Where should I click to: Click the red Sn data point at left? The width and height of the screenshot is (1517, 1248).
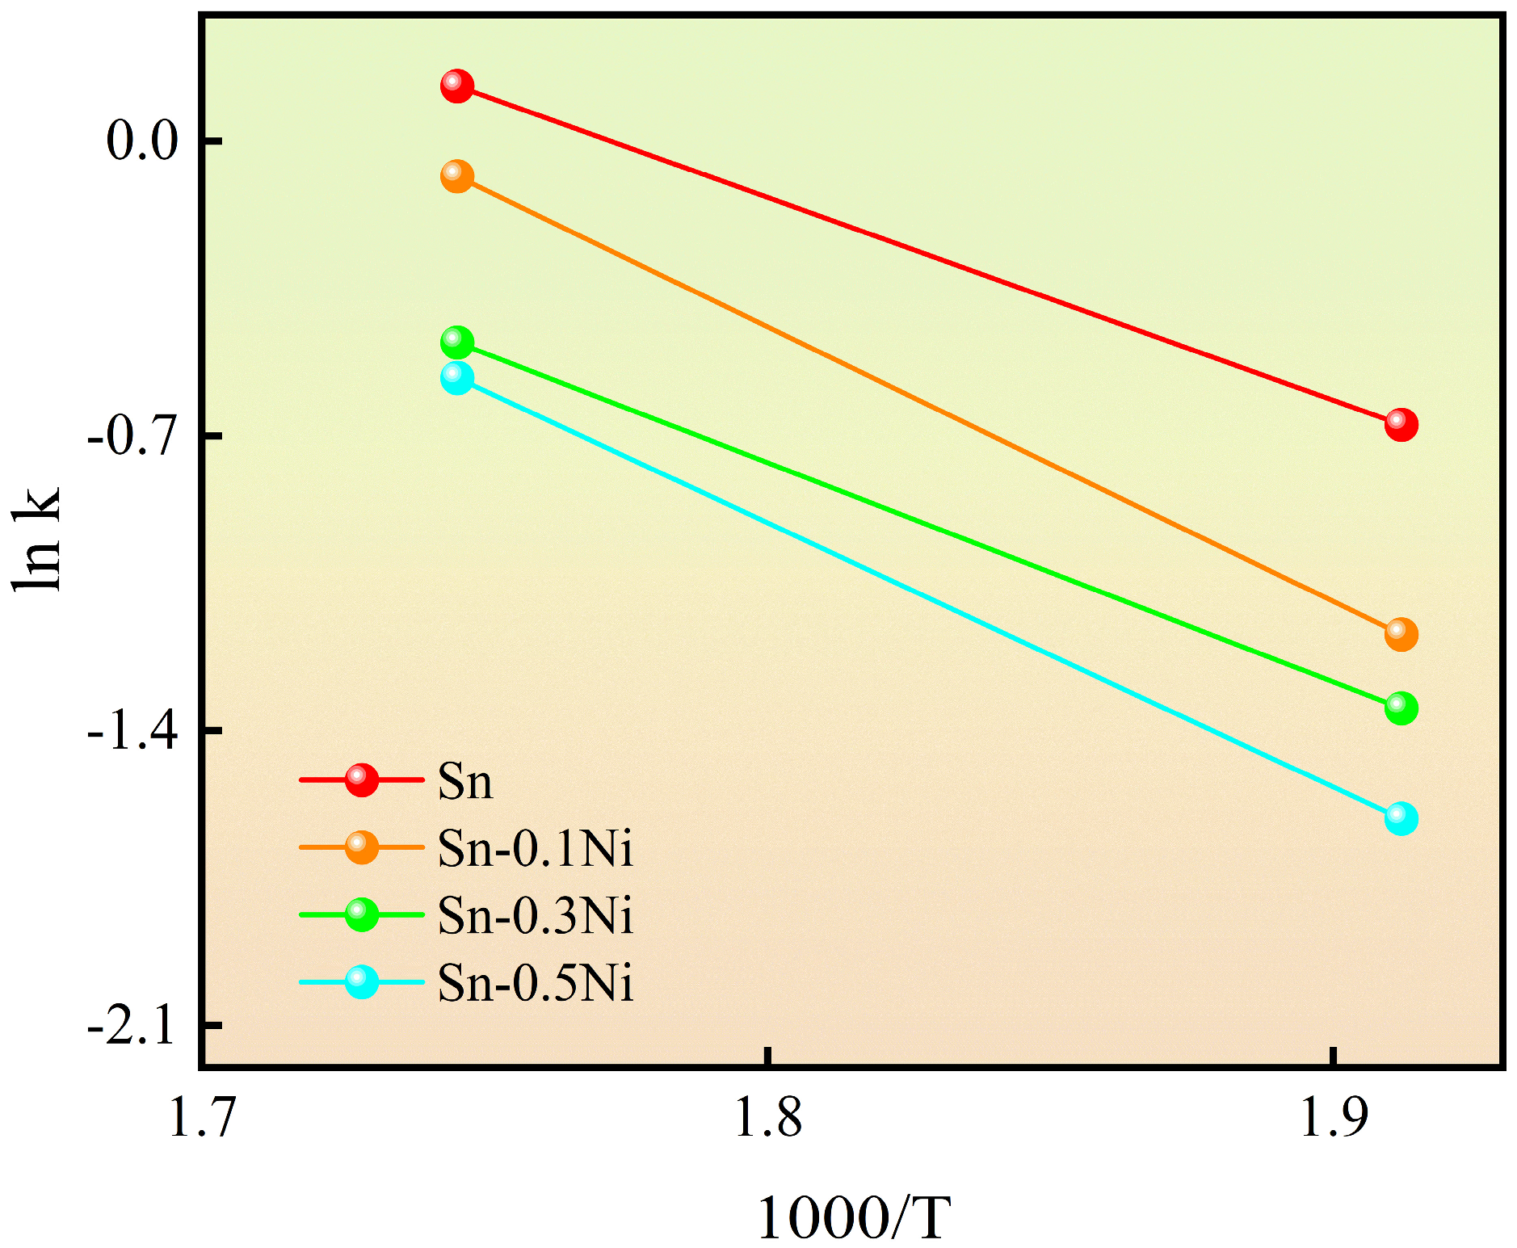456,85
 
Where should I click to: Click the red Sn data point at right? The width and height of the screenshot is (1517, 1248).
1401,424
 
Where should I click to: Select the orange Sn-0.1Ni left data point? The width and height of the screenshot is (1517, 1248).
456,175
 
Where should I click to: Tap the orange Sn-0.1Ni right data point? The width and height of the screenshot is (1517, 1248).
1401,634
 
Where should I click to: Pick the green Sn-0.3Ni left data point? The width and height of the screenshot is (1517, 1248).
456,342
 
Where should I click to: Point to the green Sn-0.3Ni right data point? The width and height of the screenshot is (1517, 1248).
1401,708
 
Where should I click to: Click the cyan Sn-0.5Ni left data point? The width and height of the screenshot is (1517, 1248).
456,377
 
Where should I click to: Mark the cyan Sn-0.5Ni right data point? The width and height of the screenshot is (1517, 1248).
1401,818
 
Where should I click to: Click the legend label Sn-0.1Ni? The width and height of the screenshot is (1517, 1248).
535,849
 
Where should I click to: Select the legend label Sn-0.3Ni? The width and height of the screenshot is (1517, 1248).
535,916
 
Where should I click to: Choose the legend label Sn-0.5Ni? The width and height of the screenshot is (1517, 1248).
535,984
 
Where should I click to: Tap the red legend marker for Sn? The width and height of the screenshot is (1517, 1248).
361,779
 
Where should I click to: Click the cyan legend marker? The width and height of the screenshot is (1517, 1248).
361,982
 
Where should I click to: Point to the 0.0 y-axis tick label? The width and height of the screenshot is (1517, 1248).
141,141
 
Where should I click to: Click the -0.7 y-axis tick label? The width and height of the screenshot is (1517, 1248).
132,437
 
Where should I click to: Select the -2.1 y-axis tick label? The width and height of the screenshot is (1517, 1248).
132,1027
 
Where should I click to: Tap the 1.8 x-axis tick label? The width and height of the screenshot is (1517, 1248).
767,1120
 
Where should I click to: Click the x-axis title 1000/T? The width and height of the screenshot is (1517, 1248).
853,1218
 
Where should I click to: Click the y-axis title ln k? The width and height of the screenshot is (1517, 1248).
38,539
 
